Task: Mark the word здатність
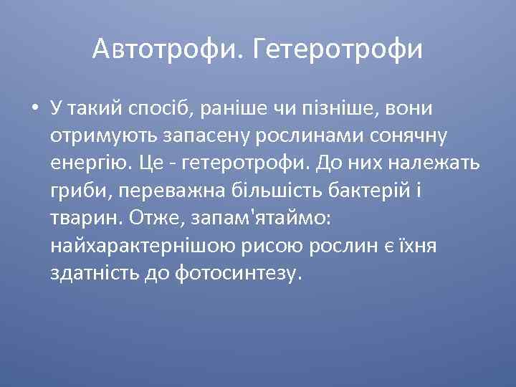[x=93, y=273]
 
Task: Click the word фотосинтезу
[x=243, y=274]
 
